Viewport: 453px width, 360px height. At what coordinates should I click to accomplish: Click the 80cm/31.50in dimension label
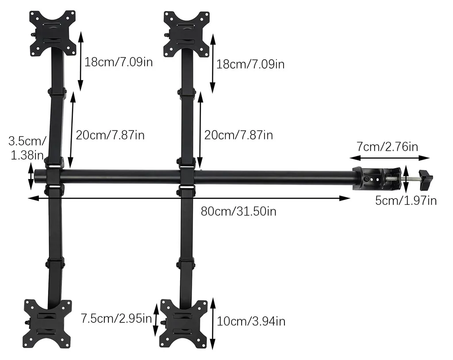coord(238,211)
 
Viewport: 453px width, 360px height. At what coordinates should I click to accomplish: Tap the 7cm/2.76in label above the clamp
coord(387,146)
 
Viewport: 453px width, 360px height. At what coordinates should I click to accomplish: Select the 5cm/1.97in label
coord(406,200)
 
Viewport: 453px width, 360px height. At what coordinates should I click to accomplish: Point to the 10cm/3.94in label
coord(251,321)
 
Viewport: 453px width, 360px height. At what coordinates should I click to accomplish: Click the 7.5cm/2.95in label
coord(116,318)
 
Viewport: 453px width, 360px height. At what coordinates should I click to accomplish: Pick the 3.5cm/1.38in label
coord(27,148)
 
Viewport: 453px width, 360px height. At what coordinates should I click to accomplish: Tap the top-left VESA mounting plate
coord(53,33)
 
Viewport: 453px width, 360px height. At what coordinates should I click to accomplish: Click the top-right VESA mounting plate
coord(186,34)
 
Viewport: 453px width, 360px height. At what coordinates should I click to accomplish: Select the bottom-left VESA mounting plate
coord(47,324)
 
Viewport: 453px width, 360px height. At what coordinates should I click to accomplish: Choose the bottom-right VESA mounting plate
coord(184,324)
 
